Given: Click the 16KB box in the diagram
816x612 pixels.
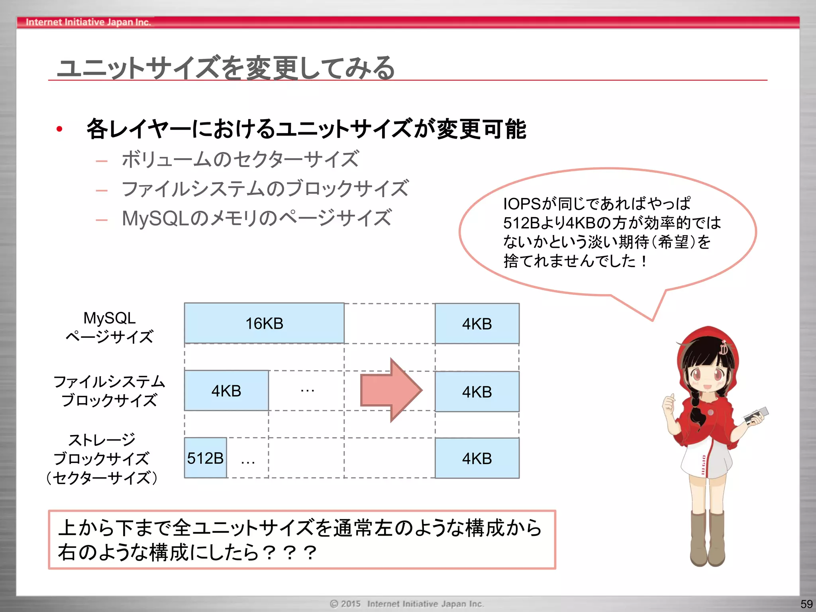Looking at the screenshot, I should (264, 323).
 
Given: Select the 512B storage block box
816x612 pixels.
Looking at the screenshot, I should (205, 458).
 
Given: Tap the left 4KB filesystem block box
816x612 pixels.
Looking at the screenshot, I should (226, 391).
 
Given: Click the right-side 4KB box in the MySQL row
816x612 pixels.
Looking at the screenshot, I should (477, 324).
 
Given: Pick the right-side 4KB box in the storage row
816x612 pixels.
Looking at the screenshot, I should (477, 458).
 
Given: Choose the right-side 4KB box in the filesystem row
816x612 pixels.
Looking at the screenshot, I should (477, 392).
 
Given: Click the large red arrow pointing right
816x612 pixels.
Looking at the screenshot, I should (390, 390).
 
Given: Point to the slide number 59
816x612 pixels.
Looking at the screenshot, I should (806, 604).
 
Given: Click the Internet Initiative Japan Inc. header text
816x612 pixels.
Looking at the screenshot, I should (88, 22).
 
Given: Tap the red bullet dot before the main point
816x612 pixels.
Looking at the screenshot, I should (59, 129).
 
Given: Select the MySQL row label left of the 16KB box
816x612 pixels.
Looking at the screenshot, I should (110, 318).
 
